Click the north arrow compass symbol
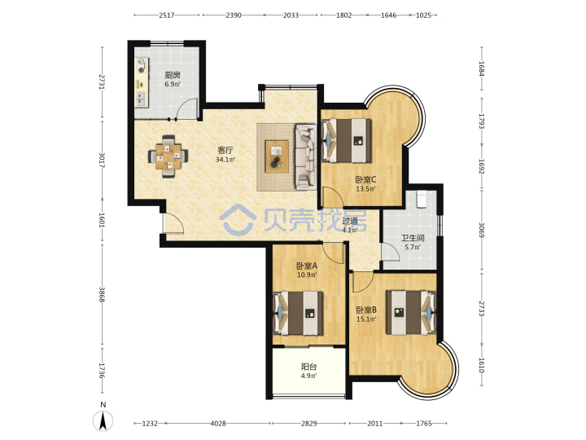pos(103,420)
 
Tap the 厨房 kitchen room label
pos(173,75)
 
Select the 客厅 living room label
pos(225,151)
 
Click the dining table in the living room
pos(168,156)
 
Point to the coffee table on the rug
pos(277,156)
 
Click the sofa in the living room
pos(306,156)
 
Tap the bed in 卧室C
pos(347,140)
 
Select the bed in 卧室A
pos(298,313)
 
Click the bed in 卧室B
pos(411,312)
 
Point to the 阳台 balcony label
pos(309,367)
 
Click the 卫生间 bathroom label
pos(413,238)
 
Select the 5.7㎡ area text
pos(413,247)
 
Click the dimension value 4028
pos(218,424)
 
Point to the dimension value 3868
pos(102,295)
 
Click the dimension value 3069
pos(481,230)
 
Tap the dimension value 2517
pos(167,15)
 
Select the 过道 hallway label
pos(350,221)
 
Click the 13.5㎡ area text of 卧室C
pos(365,189)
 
